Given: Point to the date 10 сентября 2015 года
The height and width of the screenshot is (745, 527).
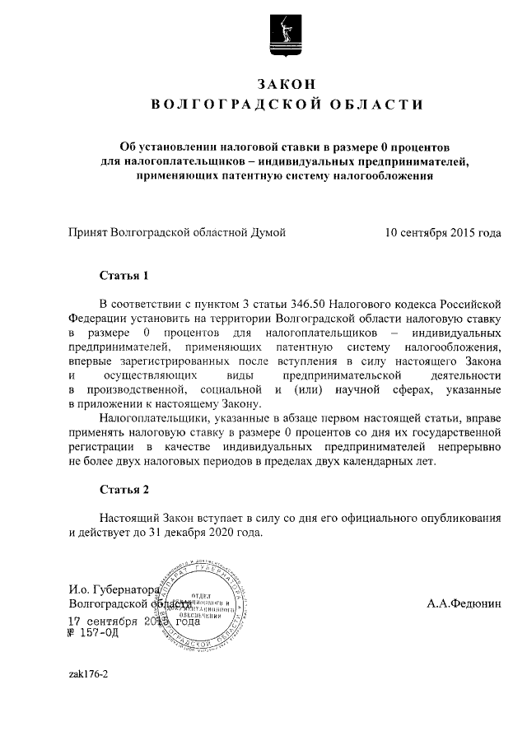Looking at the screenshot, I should point(442,233).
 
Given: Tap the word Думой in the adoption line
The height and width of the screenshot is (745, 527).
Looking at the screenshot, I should point(268,233).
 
